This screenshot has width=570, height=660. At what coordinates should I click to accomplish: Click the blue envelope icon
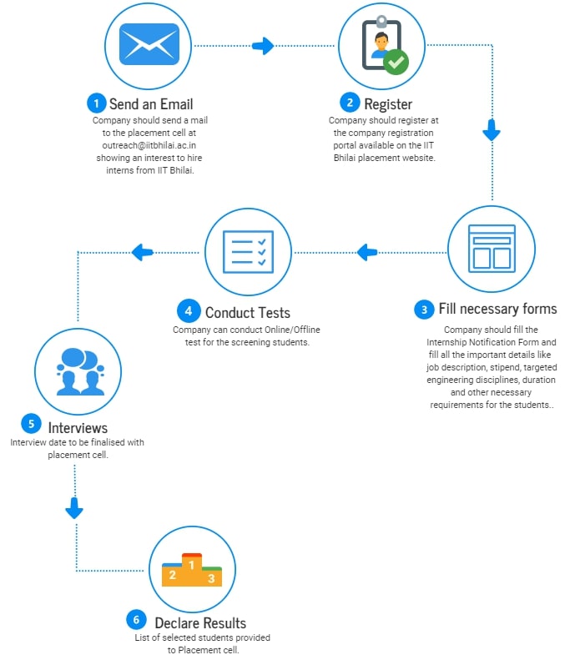[149, 44]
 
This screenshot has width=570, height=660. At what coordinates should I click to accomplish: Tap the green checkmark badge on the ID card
[396, 62]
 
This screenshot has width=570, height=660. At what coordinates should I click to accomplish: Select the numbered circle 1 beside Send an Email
[97, 103]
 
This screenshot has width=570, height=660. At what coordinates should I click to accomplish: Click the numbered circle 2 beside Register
[350, 103]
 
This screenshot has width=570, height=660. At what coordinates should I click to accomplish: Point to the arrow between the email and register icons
[263, 46]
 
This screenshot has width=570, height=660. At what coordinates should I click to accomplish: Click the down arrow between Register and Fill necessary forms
[492, 130]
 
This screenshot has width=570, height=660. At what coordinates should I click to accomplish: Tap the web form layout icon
[492, 249]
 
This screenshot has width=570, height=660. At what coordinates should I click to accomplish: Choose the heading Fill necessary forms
[497, 309]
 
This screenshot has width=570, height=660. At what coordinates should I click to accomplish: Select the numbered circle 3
[424, 310]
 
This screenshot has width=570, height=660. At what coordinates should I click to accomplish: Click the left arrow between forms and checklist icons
[367, 253]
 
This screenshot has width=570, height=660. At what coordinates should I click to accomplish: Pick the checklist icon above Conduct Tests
[249, 252]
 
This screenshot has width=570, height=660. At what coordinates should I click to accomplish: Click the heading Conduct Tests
[248, 313]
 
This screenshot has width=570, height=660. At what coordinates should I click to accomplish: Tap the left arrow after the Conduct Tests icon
[142, 253]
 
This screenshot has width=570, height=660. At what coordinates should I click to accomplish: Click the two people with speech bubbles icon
[80, 371]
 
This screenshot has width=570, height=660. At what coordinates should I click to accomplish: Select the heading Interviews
[78, 428]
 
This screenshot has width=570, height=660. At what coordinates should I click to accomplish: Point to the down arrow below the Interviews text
[74, 508]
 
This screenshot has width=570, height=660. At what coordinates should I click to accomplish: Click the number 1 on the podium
[192, 565]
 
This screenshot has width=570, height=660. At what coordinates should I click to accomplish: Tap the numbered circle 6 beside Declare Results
[136, 620]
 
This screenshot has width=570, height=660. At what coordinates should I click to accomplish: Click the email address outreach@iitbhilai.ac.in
[149, 145]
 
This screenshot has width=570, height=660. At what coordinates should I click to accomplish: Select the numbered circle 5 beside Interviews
[31, 423]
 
